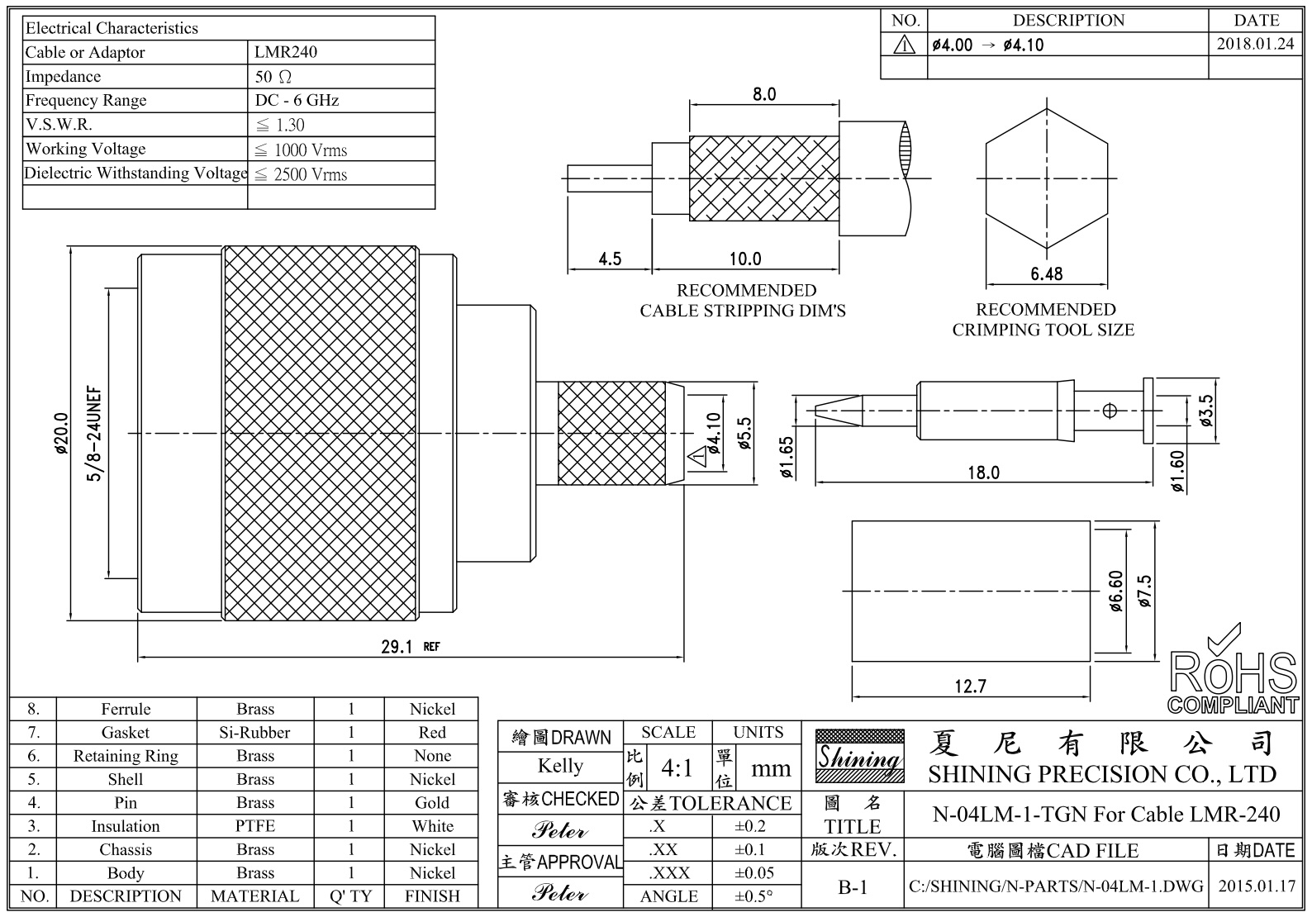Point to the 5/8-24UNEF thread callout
coord(95,434)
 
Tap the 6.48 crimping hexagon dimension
coord(1046,273)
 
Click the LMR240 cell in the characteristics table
coord(286,52)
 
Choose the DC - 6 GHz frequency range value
coord(297,100)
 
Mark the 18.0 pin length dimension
coord(983,473)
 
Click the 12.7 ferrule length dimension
coord(970,686)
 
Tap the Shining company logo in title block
coord(859,756)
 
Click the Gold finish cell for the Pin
coord(432,802)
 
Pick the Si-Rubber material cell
coord(254,732)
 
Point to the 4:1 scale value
coord(677,768)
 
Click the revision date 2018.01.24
coord(1255,45)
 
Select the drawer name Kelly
coord(560,766)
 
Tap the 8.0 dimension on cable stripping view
coord(764,94)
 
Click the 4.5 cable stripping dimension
coord(610,259)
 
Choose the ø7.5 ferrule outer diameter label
coord(1144,592)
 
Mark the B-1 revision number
coord(853,887)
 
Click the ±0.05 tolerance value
coord(754,872)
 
